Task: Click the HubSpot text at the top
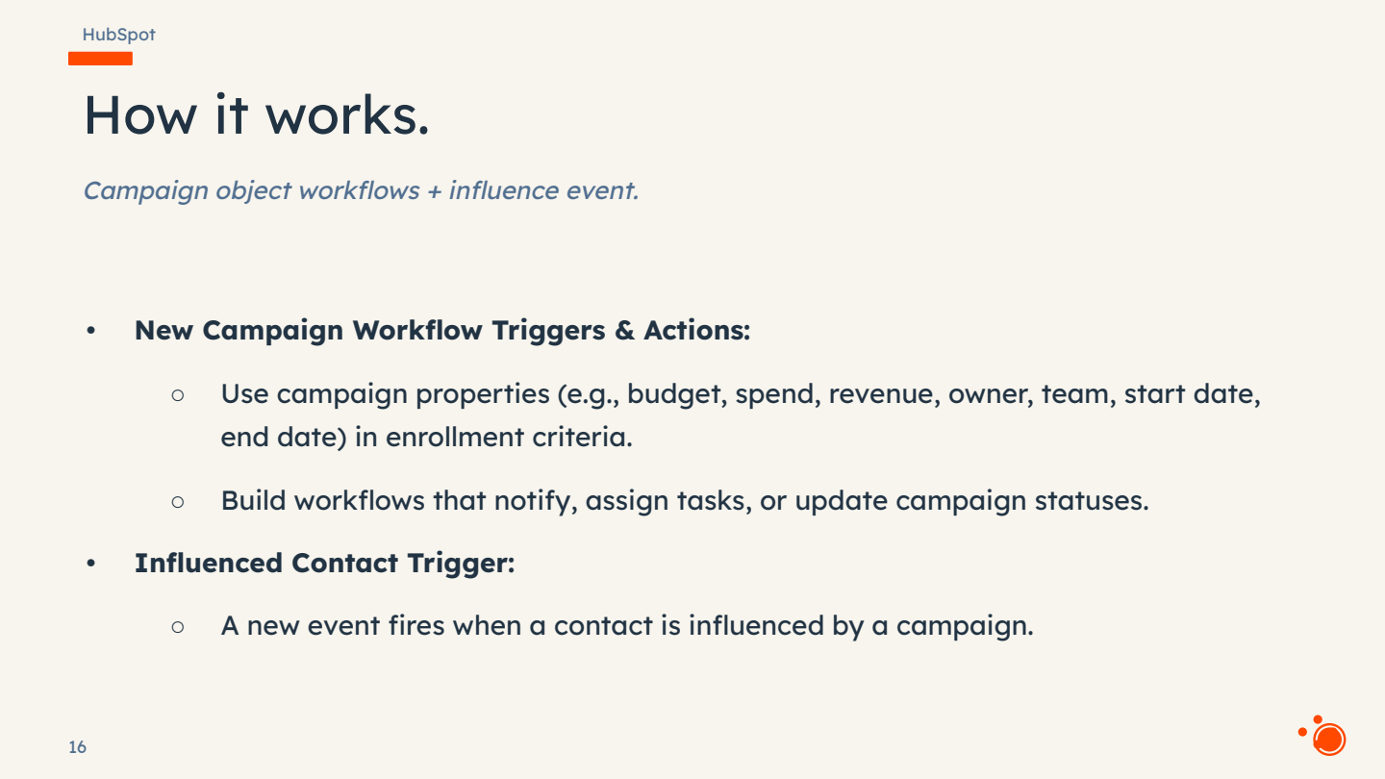(118, 35)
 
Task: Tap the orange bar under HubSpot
(100, 59)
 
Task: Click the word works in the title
(346, 114)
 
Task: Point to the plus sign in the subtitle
(434, 190)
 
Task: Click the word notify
(529, 501)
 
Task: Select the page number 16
(77, 747)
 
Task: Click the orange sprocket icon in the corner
(1324, 737)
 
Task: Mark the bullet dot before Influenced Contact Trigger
(91, 564)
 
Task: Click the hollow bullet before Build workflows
(177, 501)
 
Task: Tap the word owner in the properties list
(991, 394)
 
